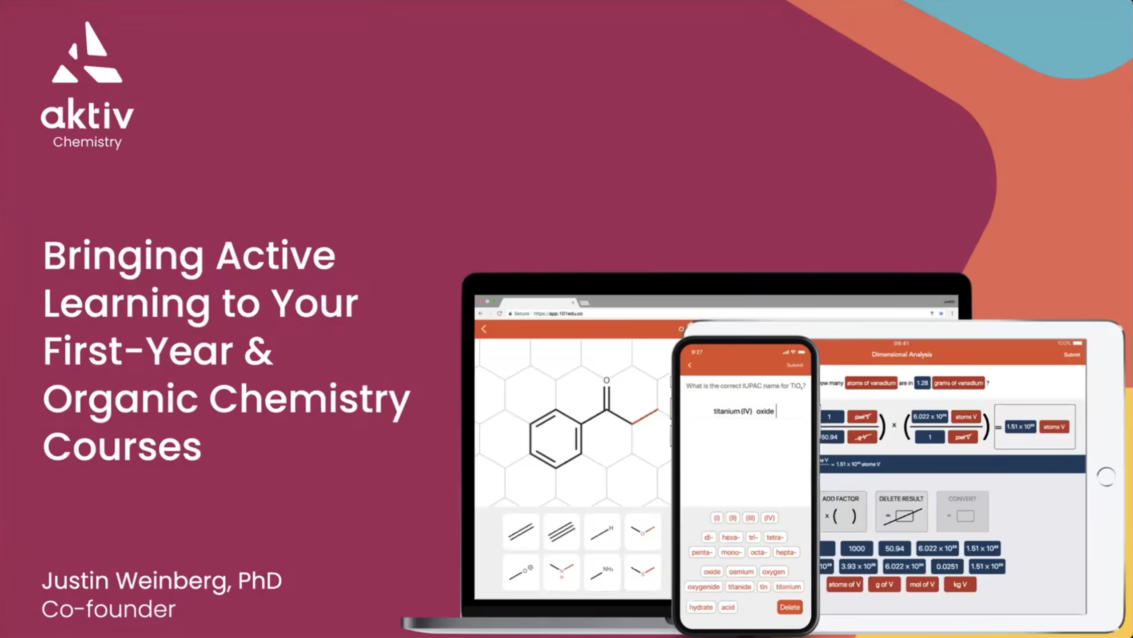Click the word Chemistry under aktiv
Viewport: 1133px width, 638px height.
pos(87,142)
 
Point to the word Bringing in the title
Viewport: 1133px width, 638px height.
pos(123,256)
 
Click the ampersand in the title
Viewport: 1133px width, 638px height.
pos(258,351)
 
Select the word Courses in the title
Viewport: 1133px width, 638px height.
pos(122,447)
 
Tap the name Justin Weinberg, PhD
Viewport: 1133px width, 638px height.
pos(162,581)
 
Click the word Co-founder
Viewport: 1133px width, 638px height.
pos(109,609)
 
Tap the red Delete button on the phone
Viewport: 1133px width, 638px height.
pos(790,607)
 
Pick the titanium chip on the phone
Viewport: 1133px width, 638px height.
pos(788,587)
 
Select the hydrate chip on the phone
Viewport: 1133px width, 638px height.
pos(701,607)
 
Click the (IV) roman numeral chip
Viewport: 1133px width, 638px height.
pos(770,518)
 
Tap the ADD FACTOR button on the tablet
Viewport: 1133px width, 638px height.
pos(840,511)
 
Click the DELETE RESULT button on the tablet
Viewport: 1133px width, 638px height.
pos(901,511)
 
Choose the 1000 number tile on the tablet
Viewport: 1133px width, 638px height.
pos(856,548)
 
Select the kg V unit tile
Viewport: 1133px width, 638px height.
pos(960,584)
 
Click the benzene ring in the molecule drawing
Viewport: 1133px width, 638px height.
pos(555,439)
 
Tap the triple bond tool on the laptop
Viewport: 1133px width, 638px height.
pos(561,531)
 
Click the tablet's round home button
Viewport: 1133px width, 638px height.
pos(1106,477)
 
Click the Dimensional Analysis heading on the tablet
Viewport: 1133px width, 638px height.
pos(902,355)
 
